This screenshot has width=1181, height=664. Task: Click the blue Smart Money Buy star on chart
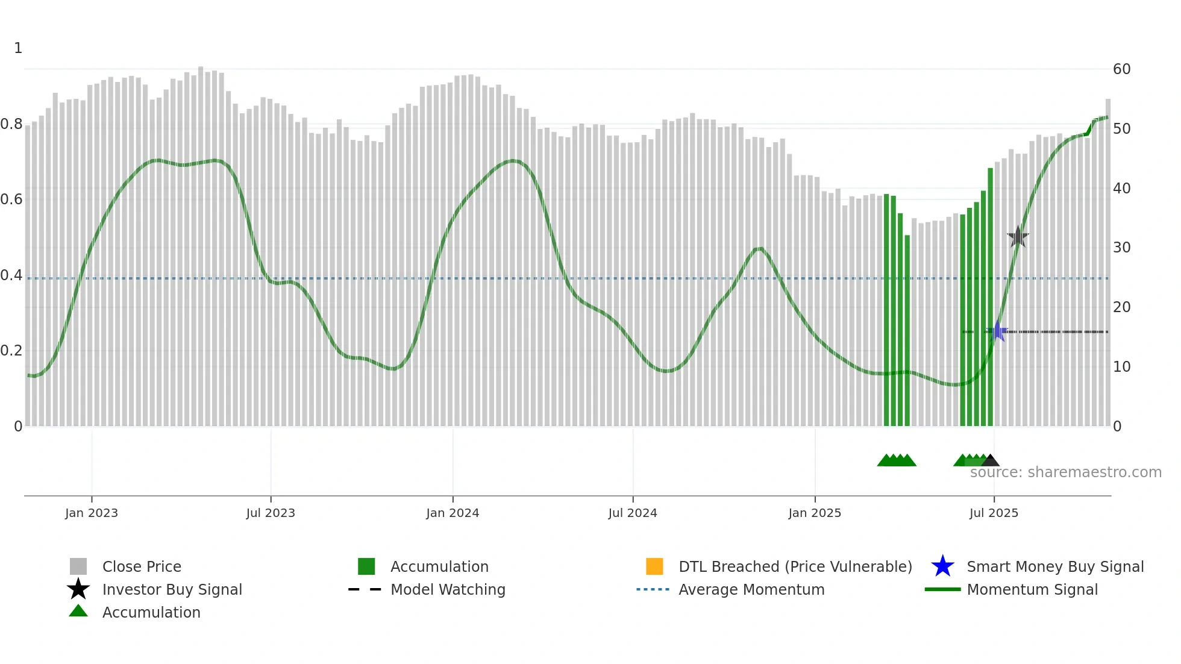tap(998, 331)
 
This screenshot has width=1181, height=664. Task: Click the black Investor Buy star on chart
tap(1018, 237)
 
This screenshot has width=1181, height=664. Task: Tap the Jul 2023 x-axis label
tap(271, 513)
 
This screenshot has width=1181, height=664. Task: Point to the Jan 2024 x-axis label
tap(453, 513)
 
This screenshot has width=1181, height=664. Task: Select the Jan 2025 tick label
tap(815, 513)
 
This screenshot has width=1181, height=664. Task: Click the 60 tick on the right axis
tap(1121, 69)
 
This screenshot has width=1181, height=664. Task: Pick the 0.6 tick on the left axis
tap(11, 199)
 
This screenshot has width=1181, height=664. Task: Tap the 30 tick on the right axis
tap(1121, 248)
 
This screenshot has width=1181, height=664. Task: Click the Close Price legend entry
tap(142, 566)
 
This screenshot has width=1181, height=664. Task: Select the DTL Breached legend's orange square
tap(654, 566)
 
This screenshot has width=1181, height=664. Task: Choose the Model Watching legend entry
tap(448, 589)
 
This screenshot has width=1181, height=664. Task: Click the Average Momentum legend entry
tap(751, 589)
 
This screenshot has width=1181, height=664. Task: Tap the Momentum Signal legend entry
tap(1032, 589)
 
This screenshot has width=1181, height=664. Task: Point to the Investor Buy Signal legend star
tap(78, 589)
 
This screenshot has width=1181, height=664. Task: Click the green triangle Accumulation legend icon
tap(78, 611)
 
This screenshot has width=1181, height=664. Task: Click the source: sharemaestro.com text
tap(1065, 472)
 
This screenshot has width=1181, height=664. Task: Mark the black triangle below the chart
tap(990, 461)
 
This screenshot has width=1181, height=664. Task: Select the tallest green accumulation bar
tap(990, 295)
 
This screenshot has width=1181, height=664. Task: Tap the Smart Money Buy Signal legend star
tap(942, 566)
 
